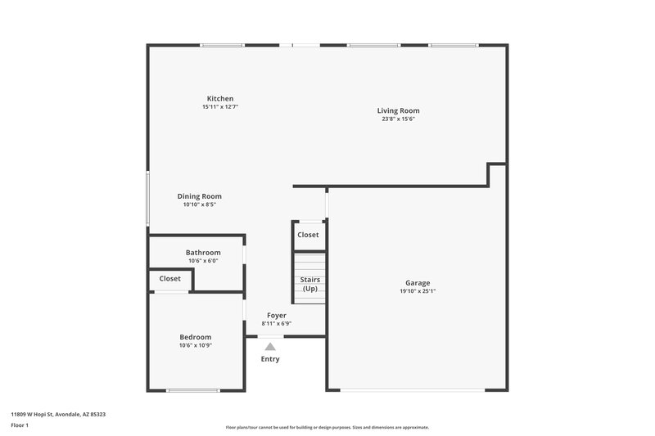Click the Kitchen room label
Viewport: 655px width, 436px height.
(x=220, y=99)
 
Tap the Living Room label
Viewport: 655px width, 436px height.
(x=398, y=110)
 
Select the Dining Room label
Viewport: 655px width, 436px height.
(x=200, y=196)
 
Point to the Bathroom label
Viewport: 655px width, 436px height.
(x=203, y=253)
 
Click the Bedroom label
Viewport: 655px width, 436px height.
(x=196, y=337)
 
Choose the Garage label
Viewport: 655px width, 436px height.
(x=418, y=283)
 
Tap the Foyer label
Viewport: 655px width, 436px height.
(x=277, y=315)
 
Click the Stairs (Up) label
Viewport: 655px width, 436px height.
(x=310, y=284)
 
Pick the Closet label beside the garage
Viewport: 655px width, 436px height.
(x=309, y=235)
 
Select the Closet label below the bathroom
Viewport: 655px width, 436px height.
(x=170, y=279)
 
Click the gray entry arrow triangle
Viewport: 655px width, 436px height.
(x=270, y=347)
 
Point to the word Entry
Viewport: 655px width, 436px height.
(x=270, y=359)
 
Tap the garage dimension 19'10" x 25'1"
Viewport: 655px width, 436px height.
(x=418, y=291)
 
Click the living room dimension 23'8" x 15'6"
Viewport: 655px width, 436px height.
(x=398, y=119)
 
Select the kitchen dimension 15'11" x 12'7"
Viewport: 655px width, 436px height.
(x=220, y=107)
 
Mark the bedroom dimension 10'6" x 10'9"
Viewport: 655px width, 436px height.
(x=196, y=345)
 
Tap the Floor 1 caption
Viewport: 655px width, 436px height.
(x=20, y=425)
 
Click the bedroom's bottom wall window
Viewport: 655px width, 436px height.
(x=192, y=390)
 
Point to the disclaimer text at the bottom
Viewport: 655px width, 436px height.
(x=327, y=427)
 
